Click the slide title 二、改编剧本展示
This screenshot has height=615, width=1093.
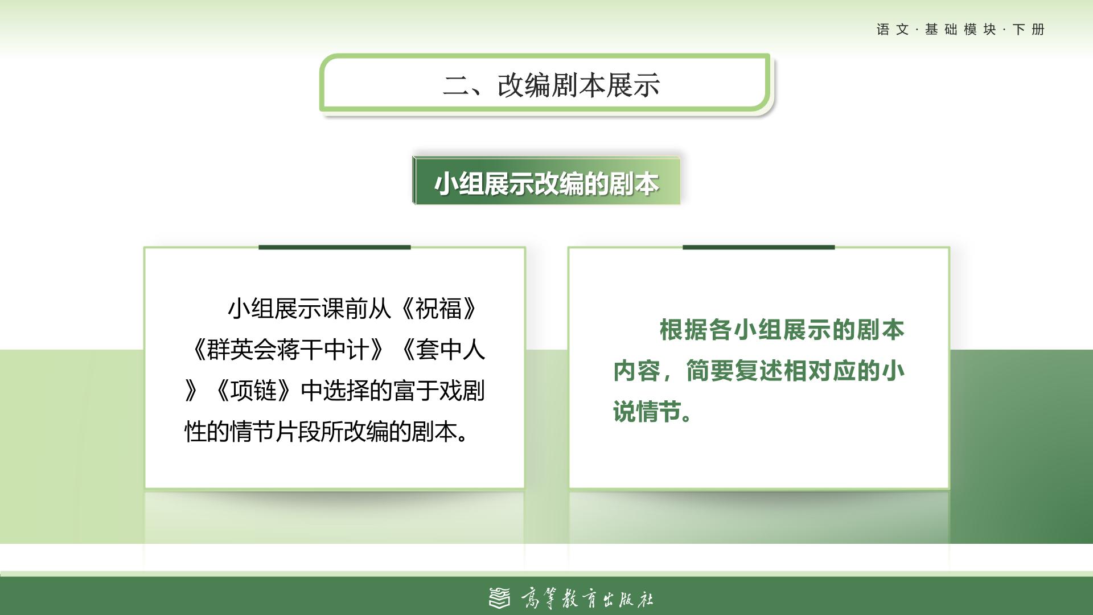click(x=551, y=85)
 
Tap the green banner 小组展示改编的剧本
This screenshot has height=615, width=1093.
click(x=546, y=181)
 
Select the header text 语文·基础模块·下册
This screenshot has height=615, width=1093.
click(x=960, y=30)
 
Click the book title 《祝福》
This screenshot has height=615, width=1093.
click(x=438, y=309)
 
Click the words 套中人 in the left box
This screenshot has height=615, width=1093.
click(x=450, y=350)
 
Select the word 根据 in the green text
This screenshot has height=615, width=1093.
click(x=683, y=330)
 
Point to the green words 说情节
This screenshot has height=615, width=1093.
click(x=647, y=412)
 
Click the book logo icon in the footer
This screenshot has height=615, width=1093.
click(x=500, y=598)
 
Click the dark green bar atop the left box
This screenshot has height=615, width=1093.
click(x=335, y=247)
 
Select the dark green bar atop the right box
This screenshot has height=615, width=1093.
click(x=759, y=247)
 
